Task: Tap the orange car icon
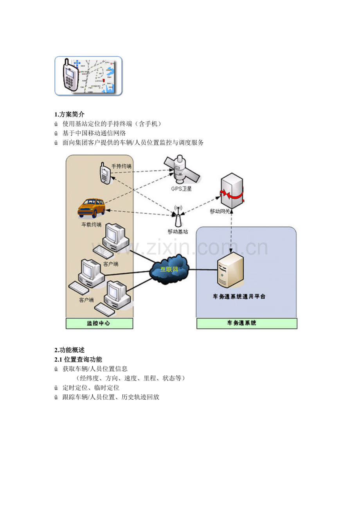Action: point(92,208)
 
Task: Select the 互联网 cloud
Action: point(169,269)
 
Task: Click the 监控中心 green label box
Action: point(99,323)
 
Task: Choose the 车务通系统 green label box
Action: point(247,323)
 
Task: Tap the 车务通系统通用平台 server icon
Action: point(230,270)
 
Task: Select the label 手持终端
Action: point(121,166)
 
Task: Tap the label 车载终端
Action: point(91,225)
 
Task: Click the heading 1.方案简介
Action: point(69,115)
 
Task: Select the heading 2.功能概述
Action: point(69,350)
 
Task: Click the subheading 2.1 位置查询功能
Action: point(78,359)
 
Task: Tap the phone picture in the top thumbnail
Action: point(71,76)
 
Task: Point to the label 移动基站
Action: point(178,231)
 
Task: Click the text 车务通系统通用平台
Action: point(239,296)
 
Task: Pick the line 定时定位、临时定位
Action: point(91,387)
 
